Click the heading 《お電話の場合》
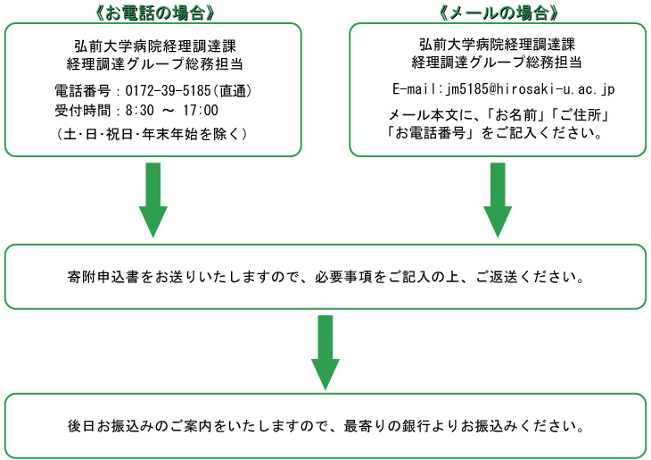(x=154, y=13)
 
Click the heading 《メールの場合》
(x=498, y=13)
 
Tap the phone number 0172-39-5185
(x=169, y=90)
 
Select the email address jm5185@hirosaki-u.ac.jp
(x=531, y=89)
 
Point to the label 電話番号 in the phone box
(x=83, y=90)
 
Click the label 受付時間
(x=83, y=110)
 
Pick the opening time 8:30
(x=139, y=110)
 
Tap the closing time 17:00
(x=201, y=110)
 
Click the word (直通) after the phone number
(x=233, y=90)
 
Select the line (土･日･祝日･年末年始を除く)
(x=152, y=134)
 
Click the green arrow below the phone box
(x=153, y=200)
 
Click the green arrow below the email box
(x=498, y=200)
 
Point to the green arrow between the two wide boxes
(x=325, y=353)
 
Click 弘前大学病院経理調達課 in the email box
(x=497, y=44)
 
